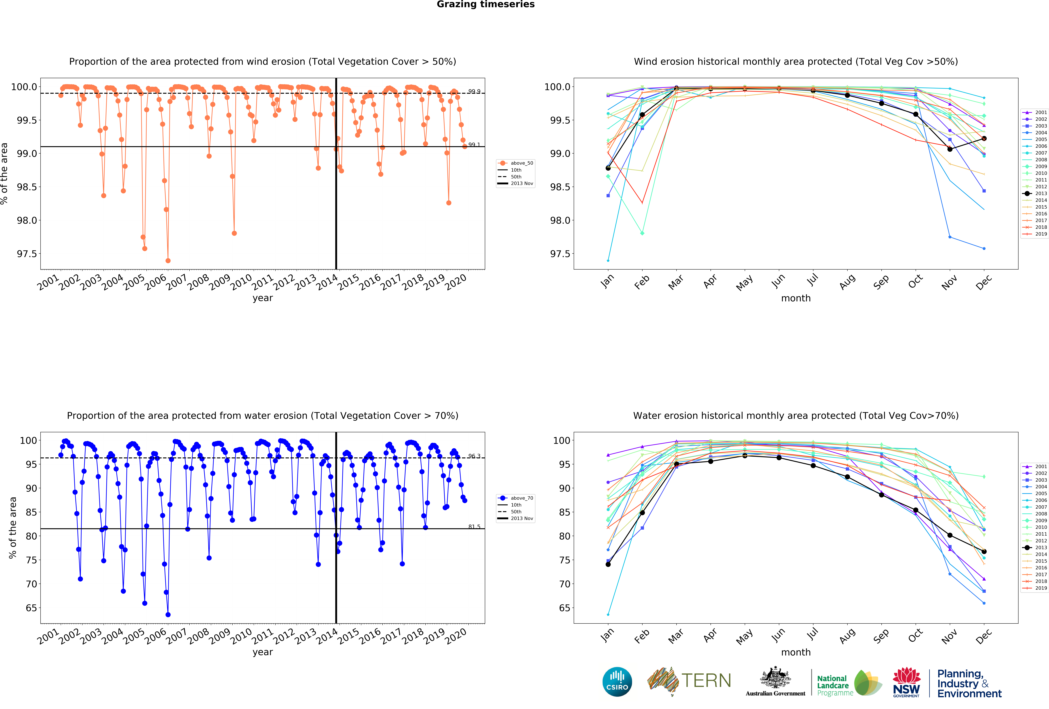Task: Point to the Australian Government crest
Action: coord(775,677)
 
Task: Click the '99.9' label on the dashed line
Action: coord(474,91)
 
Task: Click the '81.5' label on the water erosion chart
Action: coord(474,527)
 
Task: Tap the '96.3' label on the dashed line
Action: coord(474,456)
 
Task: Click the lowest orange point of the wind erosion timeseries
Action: coord(168,261)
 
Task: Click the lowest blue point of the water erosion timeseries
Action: coord(168,615)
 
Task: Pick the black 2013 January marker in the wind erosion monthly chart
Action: coord(608,168)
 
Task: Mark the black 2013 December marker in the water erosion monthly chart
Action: coord(984,551)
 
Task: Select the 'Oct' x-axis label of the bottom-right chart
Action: coord(915,636)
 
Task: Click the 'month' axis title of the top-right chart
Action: coord(796,298)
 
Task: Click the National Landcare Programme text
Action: coord(834,685)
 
